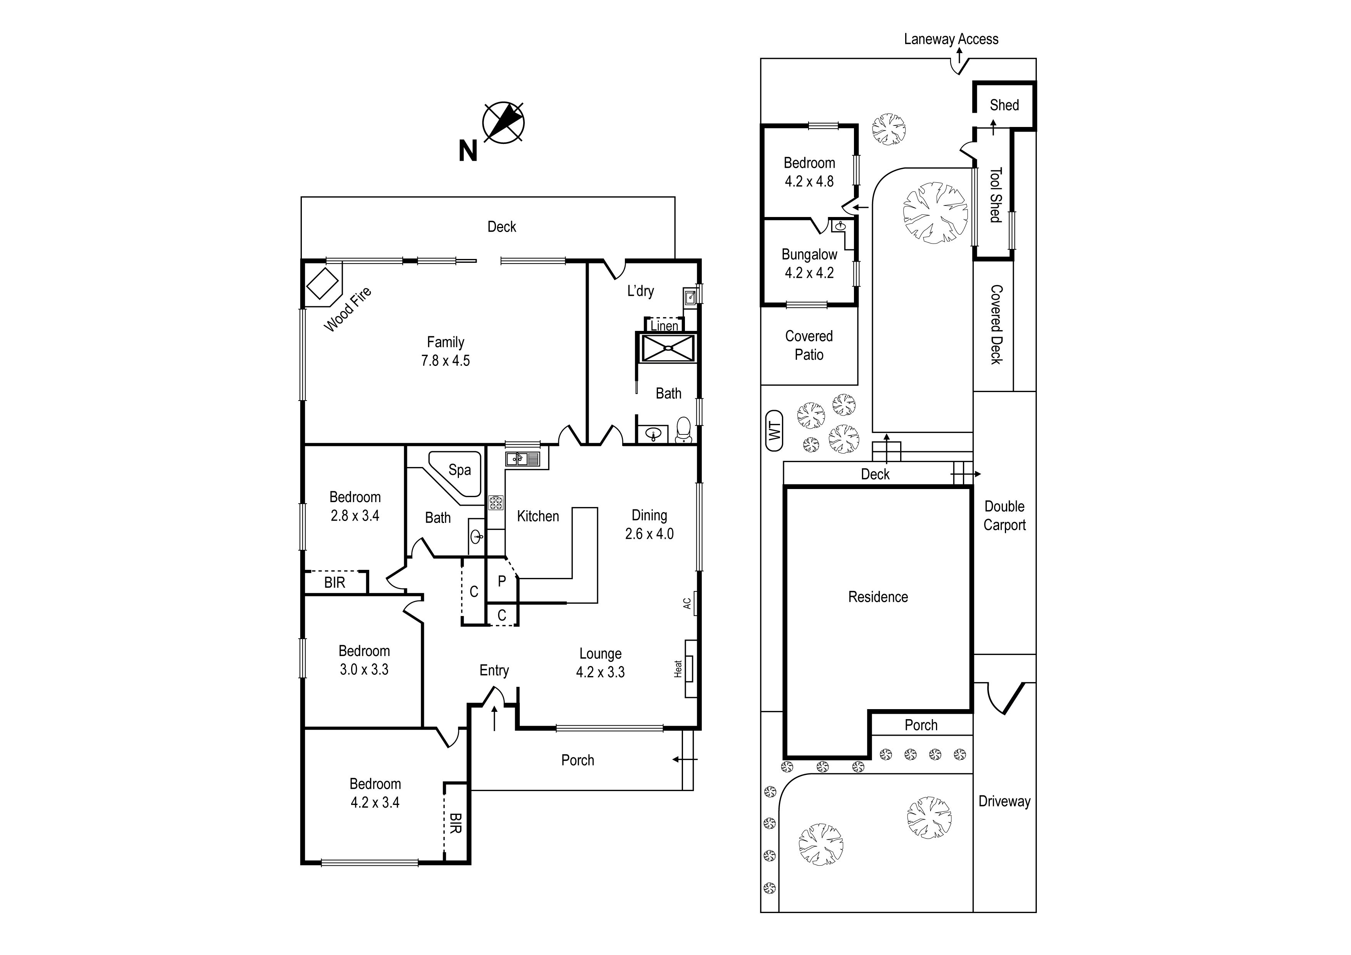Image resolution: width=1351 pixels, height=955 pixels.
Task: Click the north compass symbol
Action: click(503, 123)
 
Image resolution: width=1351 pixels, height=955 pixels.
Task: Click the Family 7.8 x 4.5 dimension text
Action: click(445, 361)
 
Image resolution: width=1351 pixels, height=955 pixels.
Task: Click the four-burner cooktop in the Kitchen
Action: click(496, 502)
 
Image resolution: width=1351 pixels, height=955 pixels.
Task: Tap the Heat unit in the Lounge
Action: click(690, 669)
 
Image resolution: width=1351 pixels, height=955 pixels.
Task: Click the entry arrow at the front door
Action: click(494, 719)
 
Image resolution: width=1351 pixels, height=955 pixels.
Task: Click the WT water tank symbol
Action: click(774, 431)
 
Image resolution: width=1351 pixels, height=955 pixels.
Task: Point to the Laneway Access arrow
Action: click(959, 57)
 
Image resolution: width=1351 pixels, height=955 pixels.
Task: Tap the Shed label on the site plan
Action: click(1004, 105)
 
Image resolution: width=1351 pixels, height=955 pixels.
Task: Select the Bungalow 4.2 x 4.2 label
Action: click(809, 264)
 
